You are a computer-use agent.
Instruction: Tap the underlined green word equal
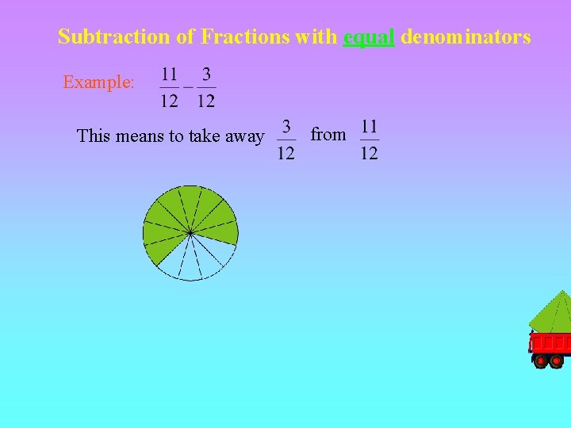(x=369, y=36)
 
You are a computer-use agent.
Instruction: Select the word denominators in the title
(x=466, y=36)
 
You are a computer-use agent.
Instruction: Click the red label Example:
(x=98, y=82)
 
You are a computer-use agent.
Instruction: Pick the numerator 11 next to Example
(x=169, y=75)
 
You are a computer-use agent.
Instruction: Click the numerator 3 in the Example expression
(x=206, y=75)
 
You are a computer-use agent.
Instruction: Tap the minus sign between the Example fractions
(x=188, y=86)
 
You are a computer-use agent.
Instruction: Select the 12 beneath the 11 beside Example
(x=169, y=100)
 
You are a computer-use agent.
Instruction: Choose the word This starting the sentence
(x=94, y=136)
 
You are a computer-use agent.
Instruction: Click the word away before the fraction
(x=244, y=136)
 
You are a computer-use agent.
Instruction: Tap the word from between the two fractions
(x=328, y=135)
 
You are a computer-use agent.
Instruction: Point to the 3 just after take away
(x=285, y=127)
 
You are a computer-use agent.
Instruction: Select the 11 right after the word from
(x=369, y=126)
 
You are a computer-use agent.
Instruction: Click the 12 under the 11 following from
(x=369, y=153)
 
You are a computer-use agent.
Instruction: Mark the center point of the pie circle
(x=190, y=232)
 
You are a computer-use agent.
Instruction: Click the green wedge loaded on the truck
(x=554, y=314)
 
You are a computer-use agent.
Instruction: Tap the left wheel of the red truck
(x=541, y=361)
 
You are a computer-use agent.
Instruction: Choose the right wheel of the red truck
(x=557, y=361)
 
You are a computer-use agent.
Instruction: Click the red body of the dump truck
(x=550, y=343)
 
